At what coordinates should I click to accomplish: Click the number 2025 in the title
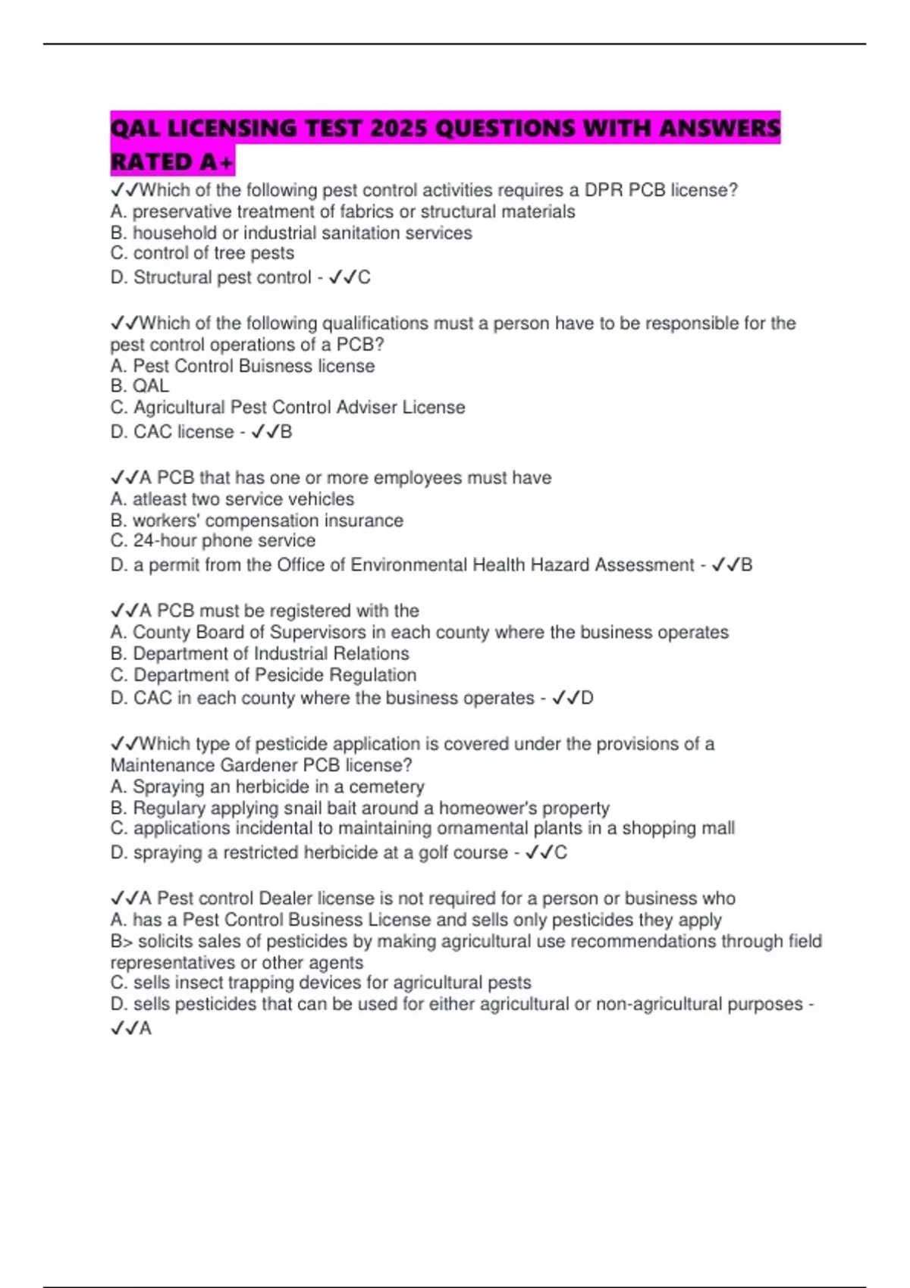click(x=399, y=128)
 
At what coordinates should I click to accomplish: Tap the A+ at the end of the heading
click(x=217, y=162)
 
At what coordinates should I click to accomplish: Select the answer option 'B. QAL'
click(x=140, y=386)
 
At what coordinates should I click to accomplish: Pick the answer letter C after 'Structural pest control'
click(x=364, y=278)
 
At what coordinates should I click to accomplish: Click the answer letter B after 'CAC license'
click(x=286, y=433)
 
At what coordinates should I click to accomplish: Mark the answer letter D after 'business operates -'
click(x=587, y=699)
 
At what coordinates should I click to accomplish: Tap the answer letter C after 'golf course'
click(x=560, y=853)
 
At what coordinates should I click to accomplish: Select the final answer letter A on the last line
click(x=145, y=1029)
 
